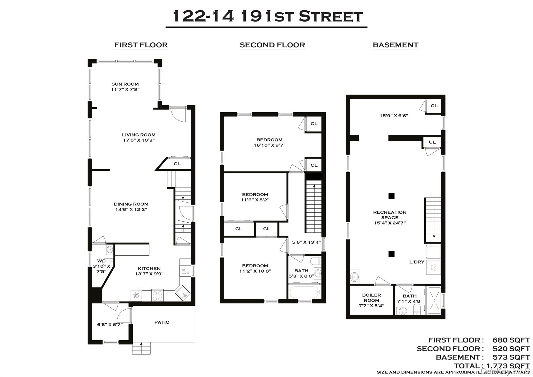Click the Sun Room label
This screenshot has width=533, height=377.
[x=125, y=84]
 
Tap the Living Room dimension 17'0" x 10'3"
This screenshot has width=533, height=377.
[x=139, y=140]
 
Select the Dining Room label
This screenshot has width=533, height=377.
[x=131, y=204]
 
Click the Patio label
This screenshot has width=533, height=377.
[x=162, y=322]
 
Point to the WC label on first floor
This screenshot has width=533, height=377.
[x=101, y=261]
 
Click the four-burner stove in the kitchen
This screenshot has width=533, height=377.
[x=157, y=295]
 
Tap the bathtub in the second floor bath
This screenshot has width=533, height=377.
[x=304, y=292]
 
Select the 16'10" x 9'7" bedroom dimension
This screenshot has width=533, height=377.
[x=269, y=145]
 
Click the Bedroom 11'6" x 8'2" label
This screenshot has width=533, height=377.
[x=255, y=194]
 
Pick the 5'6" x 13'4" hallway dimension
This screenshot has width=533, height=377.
[x=306, y=242]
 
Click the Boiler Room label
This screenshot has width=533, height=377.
[x=371, y=298]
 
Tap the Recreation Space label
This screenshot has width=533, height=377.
[x=390, y=215]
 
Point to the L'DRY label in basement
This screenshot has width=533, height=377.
[x=417, y=262]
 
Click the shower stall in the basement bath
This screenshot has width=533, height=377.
[x=434, y=300]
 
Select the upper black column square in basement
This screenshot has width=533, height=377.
[x=391, y=196]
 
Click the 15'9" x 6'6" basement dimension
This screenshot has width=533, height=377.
[x=394, y=116]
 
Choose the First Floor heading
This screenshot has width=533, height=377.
[x=141, y=45]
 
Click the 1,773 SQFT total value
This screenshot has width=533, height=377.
[x=508, y=366]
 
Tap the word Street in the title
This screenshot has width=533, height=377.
[x=331, y=16]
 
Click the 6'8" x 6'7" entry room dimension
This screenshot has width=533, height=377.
[x=110, y=325]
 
